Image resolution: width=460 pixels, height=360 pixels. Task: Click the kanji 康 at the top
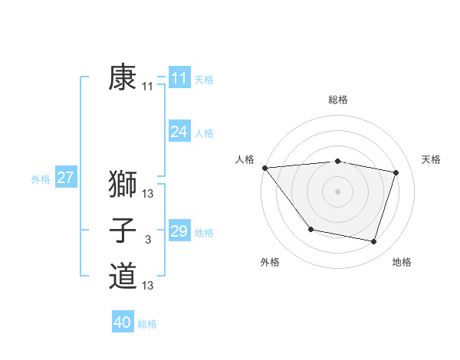click(123, 78)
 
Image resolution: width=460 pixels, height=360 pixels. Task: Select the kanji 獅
click(123, 185)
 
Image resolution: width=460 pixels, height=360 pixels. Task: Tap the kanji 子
click(123, 231)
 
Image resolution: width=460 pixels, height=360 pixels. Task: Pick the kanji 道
click(123, 276)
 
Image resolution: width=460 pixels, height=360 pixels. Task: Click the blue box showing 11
click(179, 78)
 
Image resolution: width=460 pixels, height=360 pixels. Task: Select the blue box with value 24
click(179, 132)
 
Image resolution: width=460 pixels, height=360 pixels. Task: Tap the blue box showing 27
click(65, 178)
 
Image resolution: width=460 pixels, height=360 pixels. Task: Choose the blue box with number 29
click(179, 231)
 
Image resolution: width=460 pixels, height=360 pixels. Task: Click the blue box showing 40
click(123, 322)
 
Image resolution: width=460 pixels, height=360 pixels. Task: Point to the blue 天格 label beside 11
click(204, 80)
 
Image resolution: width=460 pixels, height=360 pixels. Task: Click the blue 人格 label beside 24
click(204, 133)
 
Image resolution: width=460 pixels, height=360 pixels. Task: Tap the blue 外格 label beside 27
click(41, 179)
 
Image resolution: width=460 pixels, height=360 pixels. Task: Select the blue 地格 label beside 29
click(204, 232)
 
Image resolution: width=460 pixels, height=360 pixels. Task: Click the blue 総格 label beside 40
click(147, 324)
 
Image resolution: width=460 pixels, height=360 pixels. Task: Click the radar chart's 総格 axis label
click(337, 100)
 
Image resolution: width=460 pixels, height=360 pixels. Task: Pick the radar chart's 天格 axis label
click(432, 159)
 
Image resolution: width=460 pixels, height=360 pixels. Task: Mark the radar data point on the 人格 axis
click(264, 167)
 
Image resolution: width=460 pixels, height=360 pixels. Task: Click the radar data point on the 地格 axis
click(373, 242)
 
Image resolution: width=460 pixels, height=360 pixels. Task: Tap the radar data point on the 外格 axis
click(310, 229)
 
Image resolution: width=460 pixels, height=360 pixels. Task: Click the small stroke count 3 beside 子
click(148, 241)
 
